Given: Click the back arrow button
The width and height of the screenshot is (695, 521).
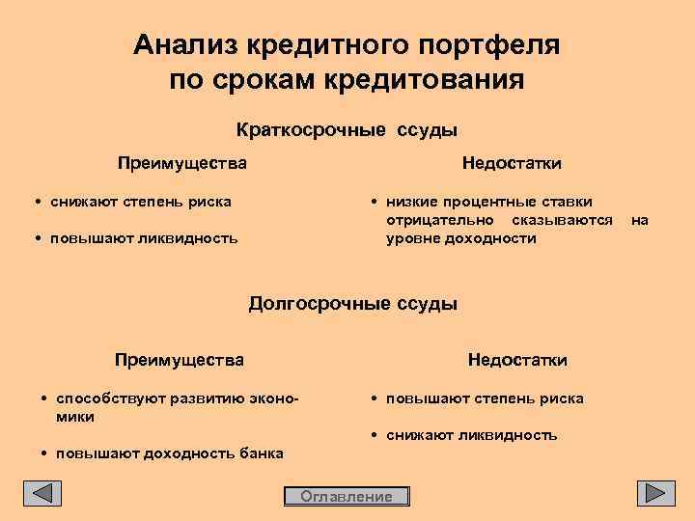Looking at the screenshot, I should click(x=42, y=493).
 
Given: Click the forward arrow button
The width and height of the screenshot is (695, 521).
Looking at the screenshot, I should click(x=655, y=493).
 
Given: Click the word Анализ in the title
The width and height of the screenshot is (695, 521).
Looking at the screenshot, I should click(x=186, y=44).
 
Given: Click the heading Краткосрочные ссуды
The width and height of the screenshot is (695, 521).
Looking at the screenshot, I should click(x=347, y=129).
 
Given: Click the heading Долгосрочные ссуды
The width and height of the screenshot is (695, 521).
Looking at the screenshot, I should click(x=352, y=303).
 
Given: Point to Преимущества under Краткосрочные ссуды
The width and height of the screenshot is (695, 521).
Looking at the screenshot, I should click(x=182, y=162).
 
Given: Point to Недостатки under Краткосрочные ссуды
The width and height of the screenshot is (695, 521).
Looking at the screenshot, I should click(x=512, y=162).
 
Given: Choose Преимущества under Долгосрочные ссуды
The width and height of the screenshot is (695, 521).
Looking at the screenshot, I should click(x=180, y=360).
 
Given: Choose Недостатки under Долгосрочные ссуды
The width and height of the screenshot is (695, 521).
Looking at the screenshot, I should click(x=517, y=360).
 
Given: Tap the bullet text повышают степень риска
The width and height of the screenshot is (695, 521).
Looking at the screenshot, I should click(x=484, y=398).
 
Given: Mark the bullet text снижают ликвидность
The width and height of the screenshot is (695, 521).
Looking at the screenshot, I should click(x=471, y=435).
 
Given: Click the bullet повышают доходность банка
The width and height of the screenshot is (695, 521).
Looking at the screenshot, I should click(x=170, y=453).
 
